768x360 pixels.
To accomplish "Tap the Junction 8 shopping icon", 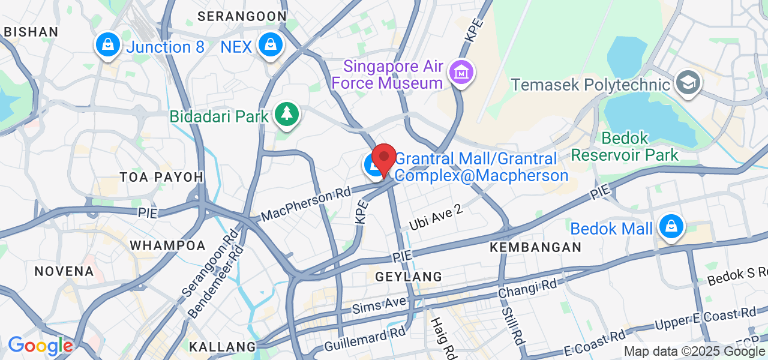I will pos(107,45).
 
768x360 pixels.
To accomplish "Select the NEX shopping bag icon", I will pos(271,45).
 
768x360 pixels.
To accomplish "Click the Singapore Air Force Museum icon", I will pos(460,73).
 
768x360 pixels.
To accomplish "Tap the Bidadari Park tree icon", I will pos(286,114).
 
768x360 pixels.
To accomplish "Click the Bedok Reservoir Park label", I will pos(625,146).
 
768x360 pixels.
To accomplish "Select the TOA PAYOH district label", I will pos(161,177).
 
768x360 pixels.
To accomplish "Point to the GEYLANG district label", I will pos(409,277).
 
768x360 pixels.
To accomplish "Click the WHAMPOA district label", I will pos(167,245).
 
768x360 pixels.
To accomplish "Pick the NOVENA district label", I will pos(64,271).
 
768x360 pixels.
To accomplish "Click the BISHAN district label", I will pos(31,32).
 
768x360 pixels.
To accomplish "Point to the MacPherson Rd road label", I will pos(305,206).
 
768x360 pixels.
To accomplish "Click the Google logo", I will pos(40,346).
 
